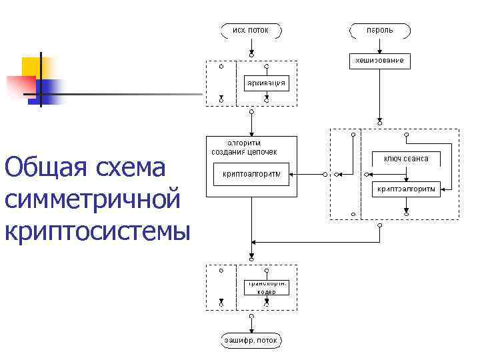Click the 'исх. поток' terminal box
click(x=251, y=30)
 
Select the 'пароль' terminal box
click(x=379, y=30)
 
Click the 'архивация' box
click(x=267, y=83)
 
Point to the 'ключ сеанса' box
click(x=405, y=158)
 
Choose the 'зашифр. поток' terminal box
click(x=251, y=341)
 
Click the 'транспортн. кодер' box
click(x=267, y=287)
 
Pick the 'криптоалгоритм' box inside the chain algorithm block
click(x=251, y=175)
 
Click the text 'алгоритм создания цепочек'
click(x=244, y=147)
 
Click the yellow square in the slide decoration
click(x=32, y=67)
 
